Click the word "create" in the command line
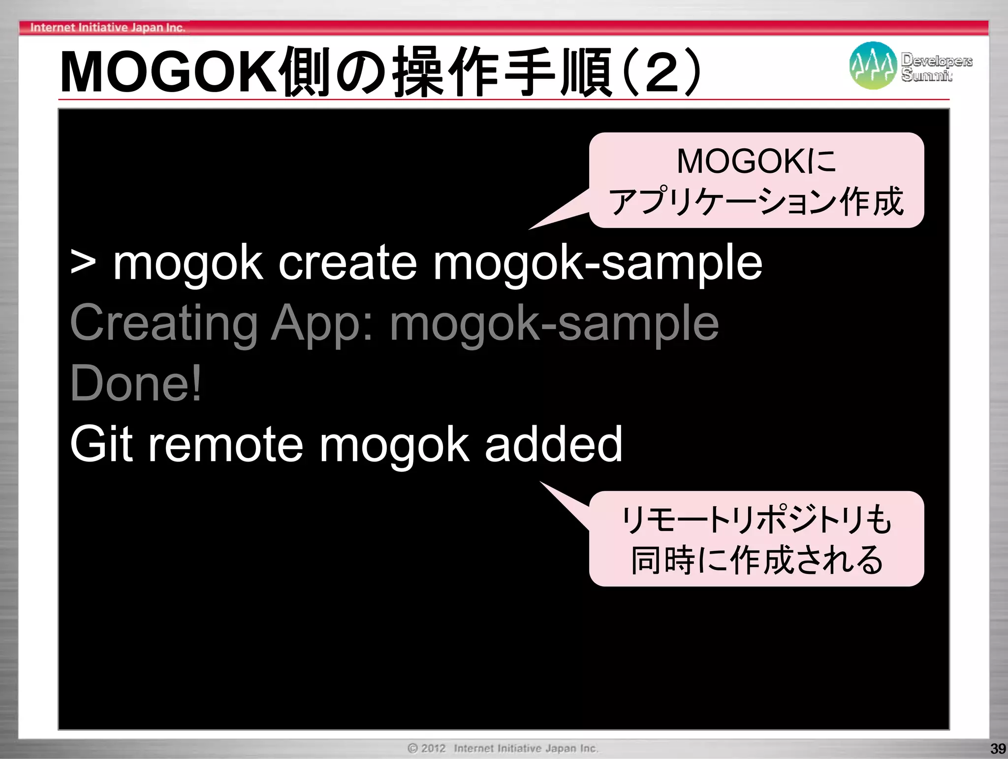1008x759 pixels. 347,264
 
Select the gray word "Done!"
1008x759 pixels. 136,384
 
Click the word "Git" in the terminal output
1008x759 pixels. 101,444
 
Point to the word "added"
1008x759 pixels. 554,444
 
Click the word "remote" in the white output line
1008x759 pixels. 225,444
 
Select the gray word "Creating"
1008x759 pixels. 164,323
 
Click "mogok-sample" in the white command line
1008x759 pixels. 598,264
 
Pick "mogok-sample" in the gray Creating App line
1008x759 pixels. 554,324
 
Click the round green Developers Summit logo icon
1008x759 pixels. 873,66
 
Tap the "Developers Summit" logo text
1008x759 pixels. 936,67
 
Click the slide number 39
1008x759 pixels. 997,749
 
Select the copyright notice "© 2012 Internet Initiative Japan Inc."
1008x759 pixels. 503,748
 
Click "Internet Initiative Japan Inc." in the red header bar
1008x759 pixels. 107,28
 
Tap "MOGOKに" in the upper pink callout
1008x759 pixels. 756,161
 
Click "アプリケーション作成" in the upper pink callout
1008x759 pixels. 756,201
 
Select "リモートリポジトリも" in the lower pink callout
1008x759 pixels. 756,520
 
